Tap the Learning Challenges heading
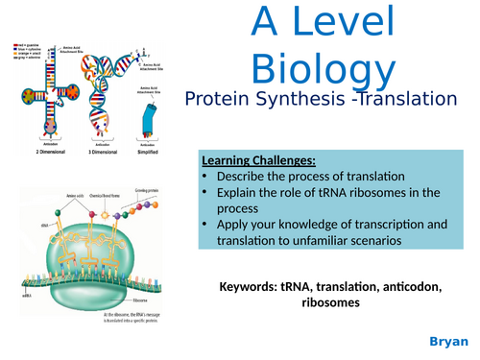point(256,159)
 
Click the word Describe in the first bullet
point(249,176)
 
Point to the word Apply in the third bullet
point(236,226)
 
